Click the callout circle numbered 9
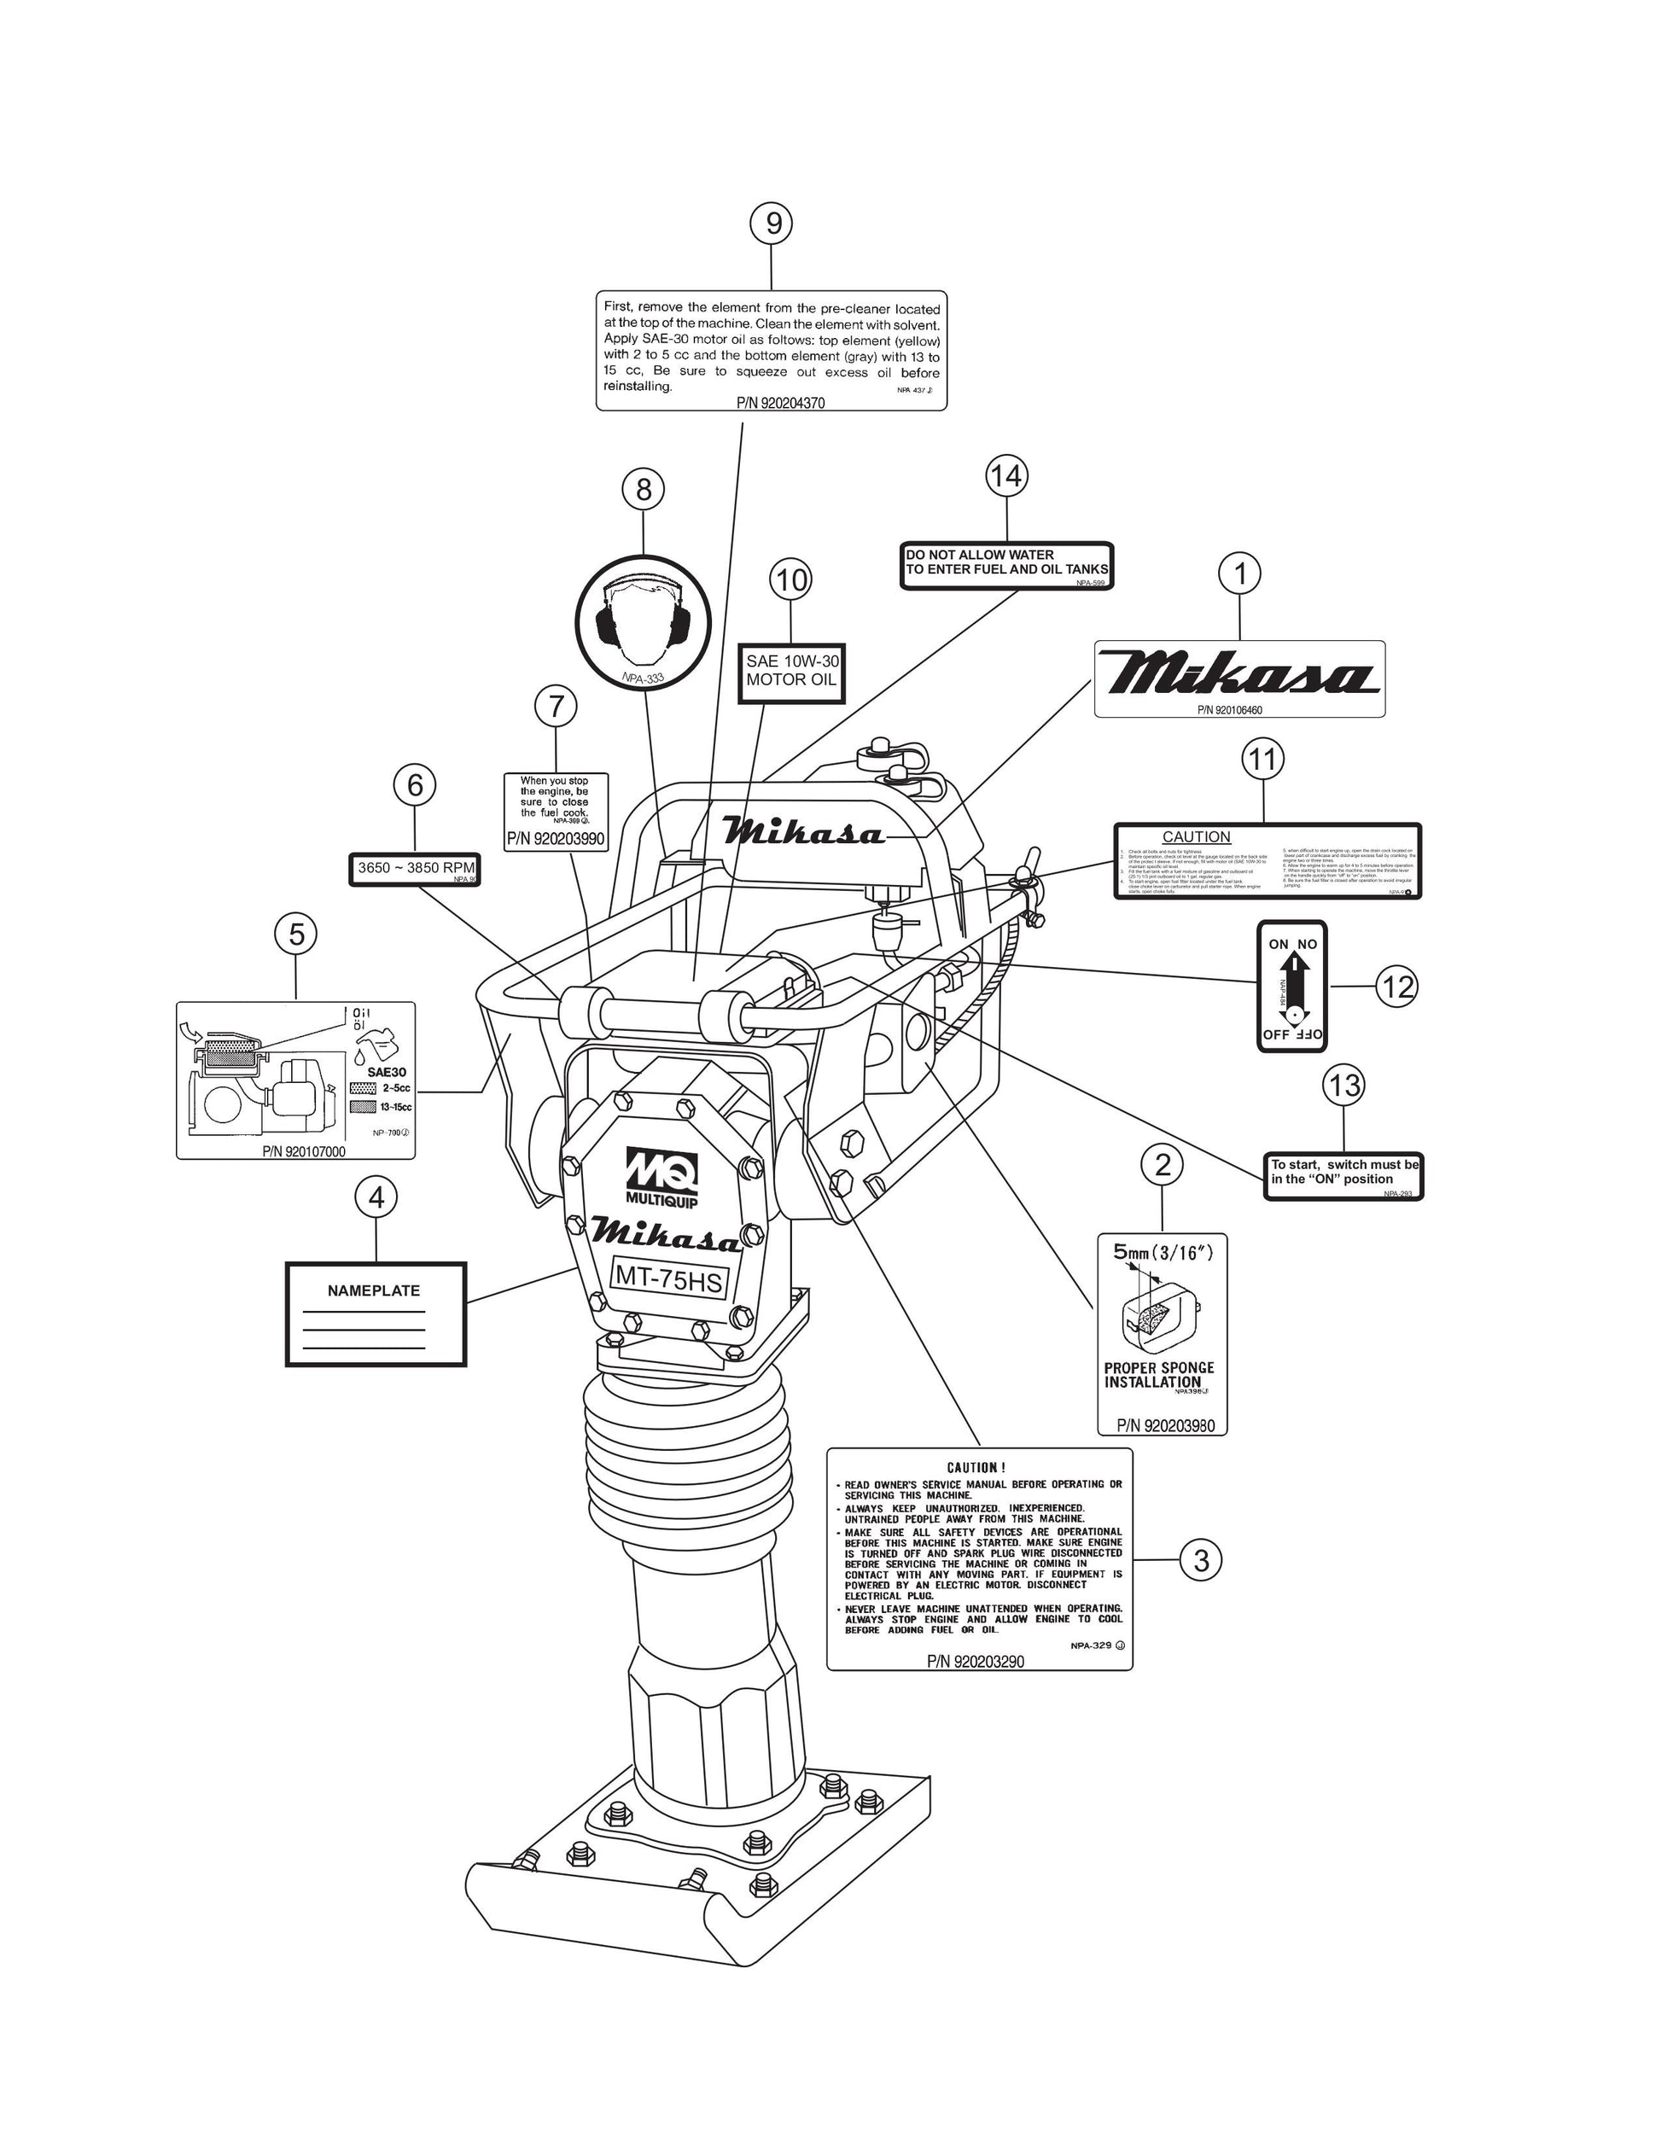pos(773,224)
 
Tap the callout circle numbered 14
pos(1005,477)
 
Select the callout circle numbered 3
pos(1200,1561)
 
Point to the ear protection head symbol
pos(642,622)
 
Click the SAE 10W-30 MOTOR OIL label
pos(791,671)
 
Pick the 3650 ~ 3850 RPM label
pos(415,869)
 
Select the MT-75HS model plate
pos(669,1279)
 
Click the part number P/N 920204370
pos(780,403)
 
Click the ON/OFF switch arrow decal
pos(1292,987)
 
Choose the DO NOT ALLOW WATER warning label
pos(1006,564)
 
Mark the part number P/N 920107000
pos(304,1151)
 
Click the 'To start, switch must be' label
pos(1344,1172)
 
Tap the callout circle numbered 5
pos(296,934)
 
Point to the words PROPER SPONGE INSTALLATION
pos(1159,1375)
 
